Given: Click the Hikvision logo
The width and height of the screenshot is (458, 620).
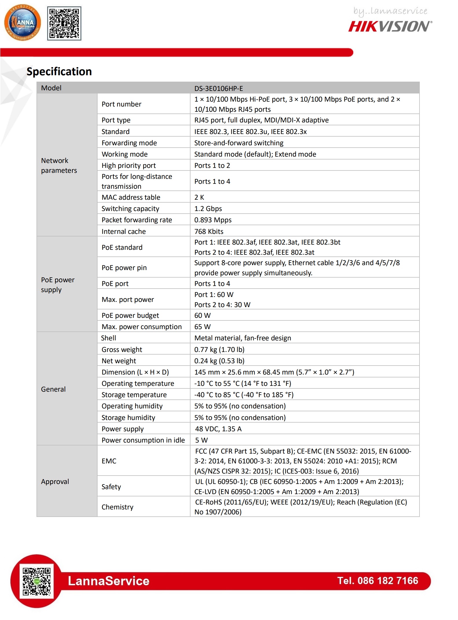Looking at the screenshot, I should point(390,26).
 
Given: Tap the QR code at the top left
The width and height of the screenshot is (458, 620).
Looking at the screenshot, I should point(64,23).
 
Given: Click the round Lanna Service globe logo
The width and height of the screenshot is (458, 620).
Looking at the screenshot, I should point(23,23).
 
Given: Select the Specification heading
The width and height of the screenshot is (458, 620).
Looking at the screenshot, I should point(59,71).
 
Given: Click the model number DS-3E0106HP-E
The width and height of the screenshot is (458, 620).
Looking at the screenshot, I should point(219,88).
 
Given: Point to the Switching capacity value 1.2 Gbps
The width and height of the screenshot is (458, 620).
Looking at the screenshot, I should point(208,209).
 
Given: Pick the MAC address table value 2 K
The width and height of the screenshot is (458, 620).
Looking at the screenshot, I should point(199,197).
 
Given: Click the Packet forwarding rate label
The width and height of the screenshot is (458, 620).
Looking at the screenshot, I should point(137,220).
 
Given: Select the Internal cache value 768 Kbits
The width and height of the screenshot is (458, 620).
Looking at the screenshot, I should point(209,232).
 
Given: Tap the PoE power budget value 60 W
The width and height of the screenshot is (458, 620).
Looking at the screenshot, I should point(202,315).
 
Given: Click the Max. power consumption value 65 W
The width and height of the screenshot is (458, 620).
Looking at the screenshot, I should point(202,327).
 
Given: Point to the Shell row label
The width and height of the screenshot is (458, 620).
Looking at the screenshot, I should point(109,338).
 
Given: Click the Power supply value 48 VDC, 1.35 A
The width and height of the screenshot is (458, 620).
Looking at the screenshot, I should point(218,429).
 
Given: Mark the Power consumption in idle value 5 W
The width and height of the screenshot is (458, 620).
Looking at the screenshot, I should point(201,440).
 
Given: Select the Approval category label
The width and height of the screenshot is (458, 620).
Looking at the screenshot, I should point(55,482).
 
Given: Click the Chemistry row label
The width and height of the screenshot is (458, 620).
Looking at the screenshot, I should point(117,507).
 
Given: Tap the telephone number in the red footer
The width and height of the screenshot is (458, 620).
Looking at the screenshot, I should point(378,581).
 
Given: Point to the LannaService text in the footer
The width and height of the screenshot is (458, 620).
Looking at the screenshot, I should point(109,581).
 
